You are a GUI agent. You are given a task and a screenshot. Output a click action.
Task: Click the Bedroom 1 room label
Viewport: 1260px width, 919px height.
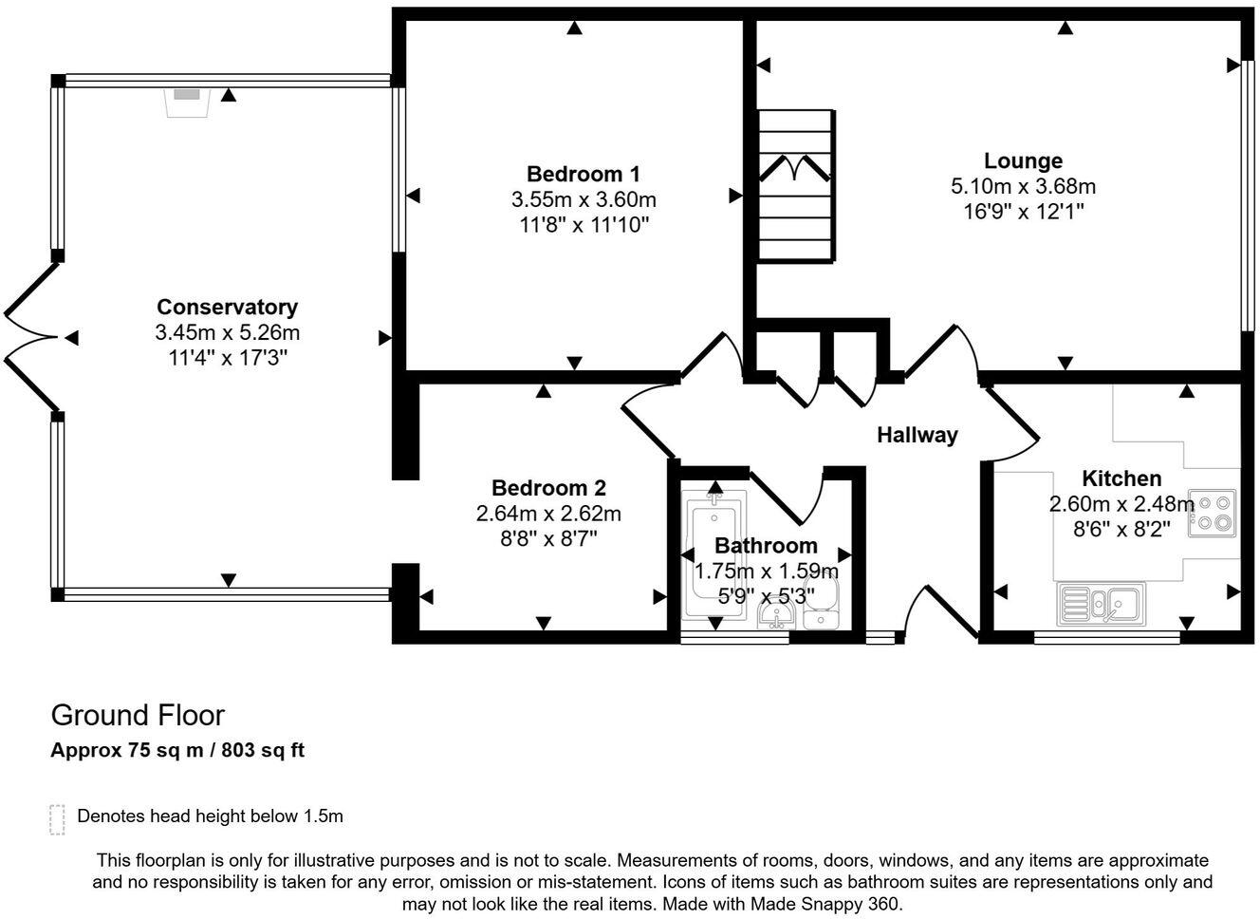(583, 174)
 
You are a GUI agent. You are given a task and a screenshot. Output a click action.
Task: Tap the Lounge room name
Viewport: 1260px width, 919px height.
(1023, 160)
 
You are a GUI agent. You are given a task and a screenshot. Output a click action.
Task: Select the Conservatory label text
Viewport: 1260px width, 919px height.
(227, 307)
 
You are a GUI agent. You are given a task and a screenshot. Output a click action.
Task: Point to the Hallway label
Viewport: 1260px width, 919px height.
(917, 435)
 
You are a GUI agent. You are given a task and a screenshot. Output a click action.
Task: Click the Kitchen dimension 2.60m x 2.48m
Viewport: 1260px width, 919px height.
(1121, 503)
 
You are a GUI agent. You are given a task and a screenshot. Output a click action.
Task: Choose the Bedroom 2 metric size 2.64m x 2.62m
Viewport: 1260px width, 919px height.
(548, 514)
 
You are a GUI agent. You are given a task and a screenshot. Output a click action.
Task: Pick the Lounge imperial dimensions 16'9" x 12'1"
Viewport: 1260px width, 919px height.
(1023, 211)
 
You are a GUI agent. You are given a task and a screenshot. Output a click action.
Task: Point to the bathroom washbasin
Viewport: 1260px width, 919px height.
(777, 617)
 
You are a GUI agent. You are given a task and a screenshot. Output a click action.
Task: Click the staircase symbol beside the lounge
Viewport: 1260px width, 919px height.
(795, 184)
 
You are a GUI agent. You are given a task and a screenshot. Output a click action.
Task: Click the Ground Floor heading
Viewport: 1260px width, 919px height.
(138, 715)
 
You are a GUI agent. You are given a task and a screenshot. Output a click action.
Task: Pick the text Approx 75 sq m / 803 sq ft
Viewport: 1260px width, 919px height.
(177, 750)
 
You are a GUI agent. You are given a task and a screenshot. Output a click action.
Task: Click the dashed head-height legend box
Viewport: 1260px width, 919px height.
(57, 819)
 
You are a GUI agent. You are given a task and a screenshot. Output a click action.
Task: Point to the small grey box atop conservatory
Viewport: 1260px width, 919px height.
(187, 96)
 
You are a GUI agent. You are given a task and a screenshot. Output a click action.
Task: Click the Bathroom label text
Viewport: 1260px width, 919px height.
(766, 546)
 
